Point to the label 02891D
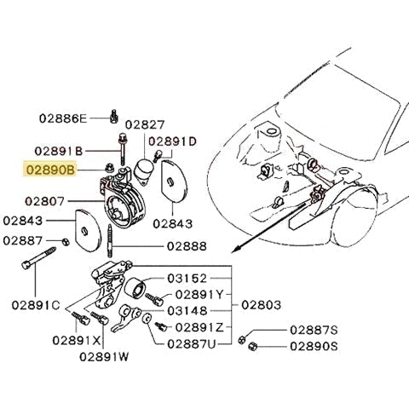click(x=173, y=141)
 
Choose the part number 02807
click(x=48, y=202)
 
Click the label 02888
click(x=187, y=245)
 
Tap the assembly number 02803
click(x=264, y=303)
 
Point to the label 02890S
click(x=314, y=347)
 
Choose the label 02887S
click(x=314, y=329)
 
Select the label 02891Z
click(x=202, y=327)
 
